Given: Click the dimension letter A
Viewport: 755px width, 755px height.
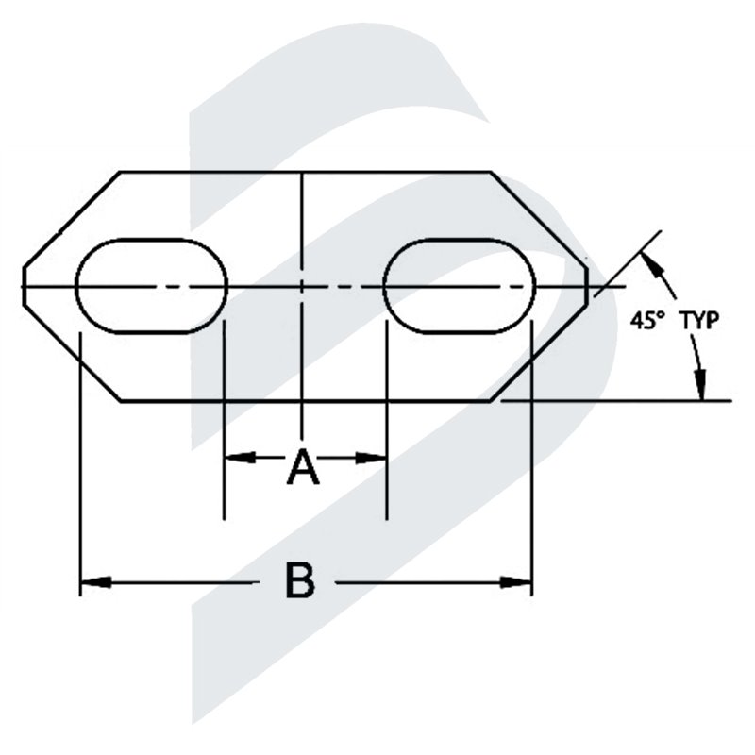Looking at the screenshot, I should [x=303, y=466].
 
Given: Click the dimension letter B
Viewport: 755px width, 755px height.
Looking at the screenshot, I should [x=300, y=581].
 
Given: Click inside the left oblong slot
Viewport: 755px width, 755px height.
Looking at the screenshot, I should [x=151, y=285].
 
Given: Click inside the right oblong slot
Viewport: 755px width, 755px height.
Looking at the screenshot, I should [x=460, y=285].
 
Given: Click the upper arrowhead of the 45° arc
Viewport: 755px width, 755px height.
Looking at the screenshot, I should [x=652, y=258].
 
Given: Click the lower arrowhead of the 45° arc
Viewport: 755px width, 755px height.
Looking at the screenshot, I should [x=700, y=387].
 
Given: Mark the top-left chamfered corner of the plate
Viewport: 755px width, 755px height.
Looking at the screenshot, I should [x=120, y=172].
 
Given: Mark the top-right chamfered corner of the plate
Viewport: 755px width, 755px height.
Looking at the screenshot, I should [x=491, y=172].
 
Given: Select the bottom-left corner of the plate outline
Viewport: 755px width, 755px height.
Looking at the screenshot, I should [x=120, y=401].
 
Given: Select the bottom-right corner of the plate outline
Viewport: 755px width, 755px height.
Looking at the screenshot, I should [x=491, y=401].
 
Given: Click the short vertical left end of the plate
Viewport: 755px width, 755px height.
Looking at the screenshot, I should [x=23, y=285].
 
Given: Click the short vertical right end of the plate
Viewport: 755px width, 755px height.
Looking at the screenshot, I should [x=588, y=285].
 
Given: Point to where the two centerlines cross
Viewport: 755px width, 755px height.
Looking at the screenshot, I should [x=301, y=285].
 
